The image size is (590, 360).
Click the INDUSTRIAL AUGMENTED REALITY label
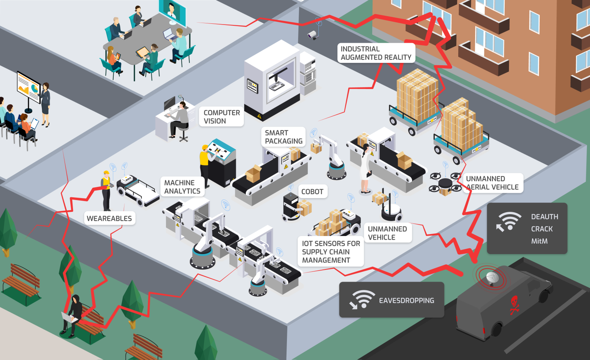click(376, 53)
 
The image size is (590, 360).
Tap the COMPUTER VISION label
click(222, 117)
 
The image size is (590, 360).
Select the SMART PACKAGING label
click(283, 137)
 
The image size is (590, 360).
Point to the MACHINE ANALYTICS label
click(182, 187)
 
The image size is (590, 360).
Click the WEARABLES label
click(109, 218)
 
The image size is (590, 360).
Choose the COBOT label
click(312, 192)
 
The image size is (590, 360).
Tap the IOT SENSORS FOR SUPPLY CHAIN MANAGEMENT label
click(331, 252)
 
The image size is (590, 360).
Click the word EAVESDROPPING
click(406, 301)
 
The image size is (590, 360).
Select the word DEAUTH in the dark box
click(544, 217)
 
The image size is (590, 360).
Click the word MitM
click(539, 241)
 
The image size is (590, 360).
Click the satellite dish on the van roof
click(492, 277)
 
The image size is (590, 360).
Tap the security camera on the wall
click(313, 35)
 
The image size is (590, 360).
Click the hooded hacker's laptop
click(68, 318)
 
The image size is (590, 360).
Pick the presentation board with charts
click(29, 87)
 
